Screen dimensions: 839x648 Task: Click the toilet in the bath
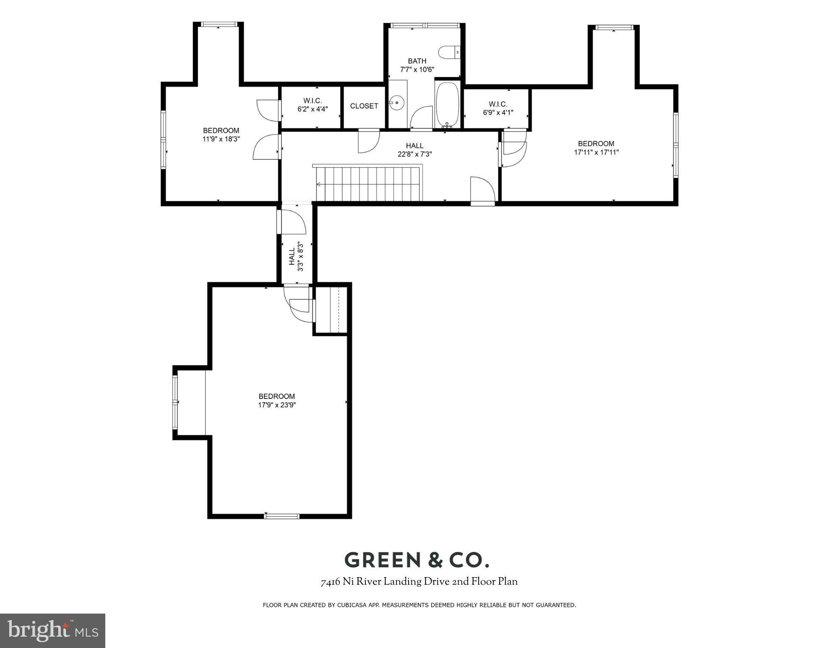pos(449,52)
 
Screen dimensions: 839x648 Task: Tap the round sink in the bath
pos(396,102)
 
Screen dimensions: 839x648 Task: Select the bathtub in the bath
pos(448,104)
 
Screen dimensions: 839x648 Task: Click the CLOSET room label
pos(364,106)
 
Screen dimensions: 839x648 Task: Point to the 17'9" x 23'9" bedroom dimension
pos(277,405)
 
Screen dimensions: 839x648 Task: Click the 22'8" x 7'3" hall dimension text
pos(414,154)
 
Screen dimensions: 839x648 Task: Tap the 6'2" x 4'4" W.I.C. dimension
pos(313,109)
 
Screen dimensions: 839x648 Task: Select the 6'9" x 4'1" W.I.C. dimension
pos(498,112)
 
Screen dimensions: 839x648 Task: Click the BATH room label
pos(417,61)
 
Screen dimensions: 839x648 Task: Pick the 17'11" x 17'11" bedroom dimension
pos(596,152)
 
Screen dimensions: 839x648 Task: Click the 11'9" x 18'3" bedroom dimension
pos(221,139)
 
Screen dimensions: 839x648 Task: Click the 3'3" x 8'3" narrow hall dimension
pos(300,256)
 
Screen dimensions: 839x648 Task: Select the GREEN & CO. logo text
pos(417,560)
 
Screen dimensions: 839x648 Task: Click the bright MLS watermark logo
pos(52,631)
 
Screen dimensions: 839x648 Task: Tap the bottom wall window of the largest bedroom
pos(281,516)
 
